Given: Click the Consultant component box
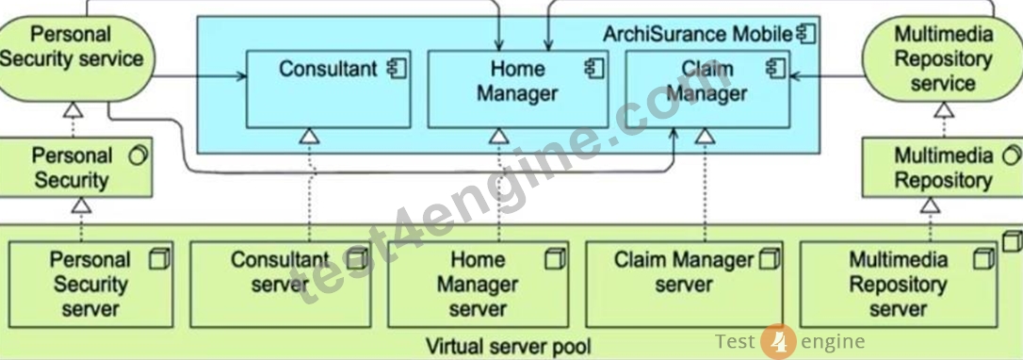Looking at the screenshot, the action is pos(328,89).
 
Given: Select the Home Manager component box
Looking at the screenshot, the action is pos(517,89).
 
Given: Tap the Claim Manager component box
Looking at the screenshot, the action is pos(707,89).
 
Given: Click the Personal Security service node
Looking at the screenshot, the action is pos(75,58).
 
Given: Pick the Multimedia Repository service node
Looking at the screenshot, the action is pos(942,58).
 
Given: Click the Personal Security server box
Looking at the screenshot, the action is pos(90,285).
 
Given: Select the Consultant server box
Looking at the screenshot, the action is pos(280,285).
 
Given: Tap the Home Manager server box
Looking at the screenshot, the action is pos(478,285).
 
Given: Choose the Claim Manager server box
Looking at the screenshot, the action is pos(684,285).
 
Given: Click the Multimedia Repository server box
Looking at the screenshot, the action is pos(899,285).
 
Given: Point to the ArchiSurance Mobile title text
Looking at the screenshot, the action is pos(697,34).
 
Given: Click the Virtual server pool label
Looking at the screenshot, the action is pos(509,345).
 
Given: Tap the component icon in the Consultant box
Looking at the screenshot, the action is pos(396,69).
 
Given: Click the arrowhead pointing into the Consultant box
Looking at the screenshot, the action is pos(243,77).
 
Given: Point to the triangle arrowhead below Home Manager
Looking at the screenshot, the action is pos(499,136).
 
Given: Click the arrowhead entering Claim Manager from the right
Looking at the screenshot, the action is pos(795,77).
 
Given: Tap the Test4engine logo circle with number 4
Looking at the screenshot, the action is pos(778,341).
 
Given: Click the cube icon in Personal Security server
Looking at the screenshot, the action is pos(159,260).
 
